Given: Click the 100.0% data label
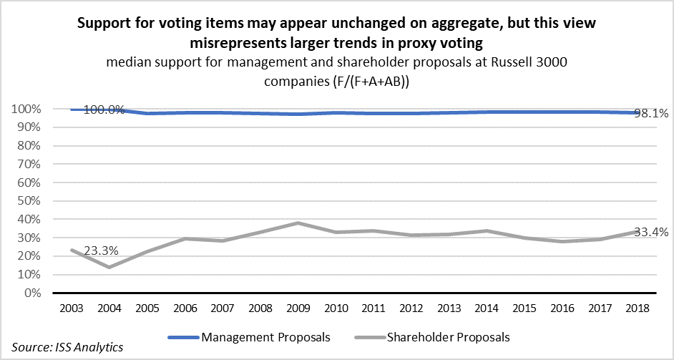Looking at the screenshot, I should tap(104, 110).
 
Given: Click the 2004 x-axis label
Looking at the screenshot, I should tap(109, 308).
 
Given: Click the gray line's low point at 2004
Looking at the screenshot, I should tap(109, 267).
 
